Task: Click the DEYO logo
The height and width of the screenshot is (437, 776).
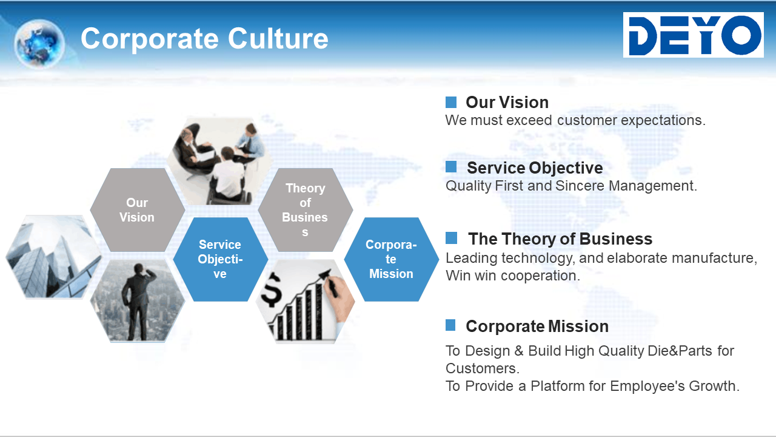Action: point(693,35)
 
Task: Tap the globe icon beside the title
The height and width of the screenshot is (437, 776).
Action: point(39,43)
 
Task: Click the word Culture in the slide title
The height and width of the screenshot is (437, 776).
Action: point(278,38)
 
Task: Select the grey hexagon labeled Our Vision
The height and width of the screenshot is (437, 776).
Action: point(137,210)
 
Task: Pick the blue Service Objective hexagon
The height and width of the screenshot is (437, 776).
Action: point(220,259)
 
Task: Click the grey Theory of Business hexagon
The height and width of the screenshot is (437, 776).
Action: point(305,210)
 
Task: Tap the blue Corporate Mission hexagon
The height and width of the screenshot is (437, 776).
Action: point(391,259)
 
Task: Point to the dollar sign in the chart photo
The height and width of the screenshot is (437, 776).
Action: point(271,290)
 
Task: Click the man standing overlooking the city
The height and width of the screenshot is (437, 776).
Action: point(138,301)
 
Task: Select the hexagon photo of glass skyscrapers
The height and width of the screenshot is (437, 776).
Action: point(54,257)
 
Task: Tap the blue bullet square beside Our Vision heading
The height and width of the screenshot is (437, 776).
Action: point(450,102)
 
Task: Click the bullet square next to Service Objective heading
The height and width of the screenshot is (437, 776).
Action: point(450,166)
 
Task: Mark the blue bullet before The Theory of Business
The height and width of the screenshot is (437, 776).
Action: point(451,238)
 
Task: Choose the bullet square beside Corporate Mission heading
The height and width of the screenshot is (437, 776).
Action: point(450,325)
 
